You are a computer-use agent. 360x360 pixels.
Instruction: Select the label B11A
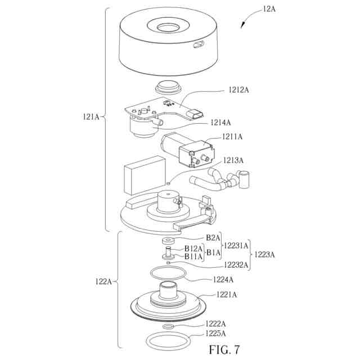coord(193,256)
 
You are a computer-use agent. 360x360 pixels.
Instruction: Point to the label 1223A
coord(264,254)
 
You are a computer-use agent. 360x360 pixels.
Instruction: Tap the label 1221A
coord(227,294)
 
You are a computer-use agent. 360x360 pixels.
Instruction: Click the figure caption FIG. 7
coord(224,349)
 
